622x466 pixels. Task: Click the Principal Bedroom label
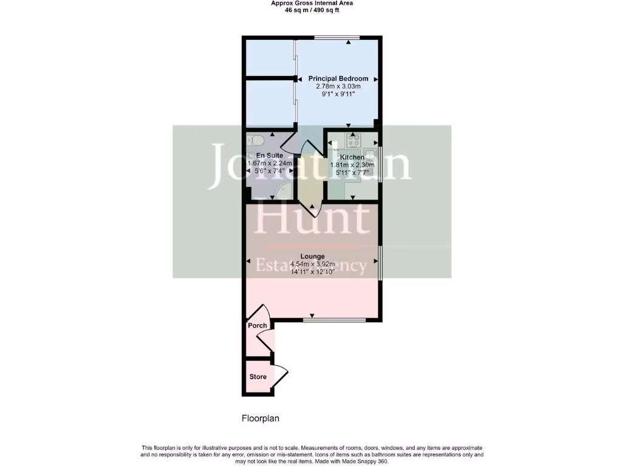(x=338, y=79)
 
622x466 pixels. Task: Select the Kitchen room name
(x=352, y=157)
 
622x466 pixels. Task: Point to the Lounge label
(x=312, y=256)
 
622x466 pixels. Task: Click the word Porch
(x=258, y=326)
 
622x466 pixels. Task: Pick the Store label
(x=258, y=377)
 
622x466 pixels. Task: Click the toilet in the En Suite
(x=256, y=142)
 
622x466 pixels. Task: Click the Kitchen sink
(x=370, y=161)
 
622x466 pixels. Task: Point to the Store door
(x=281, y=372)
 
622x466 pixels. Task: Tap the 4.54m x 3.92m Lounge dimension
(x=312, y=264)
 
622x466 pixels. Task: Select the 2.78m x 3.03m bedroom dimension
(x=338, y=87)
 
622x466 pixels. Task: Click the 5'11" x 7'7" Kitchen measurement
(x=352, y=172)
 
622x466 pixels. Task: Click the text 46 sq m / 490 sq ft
(x=311, y=10)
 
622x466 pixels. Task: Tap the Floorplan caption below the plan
(x=261, y=418)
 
